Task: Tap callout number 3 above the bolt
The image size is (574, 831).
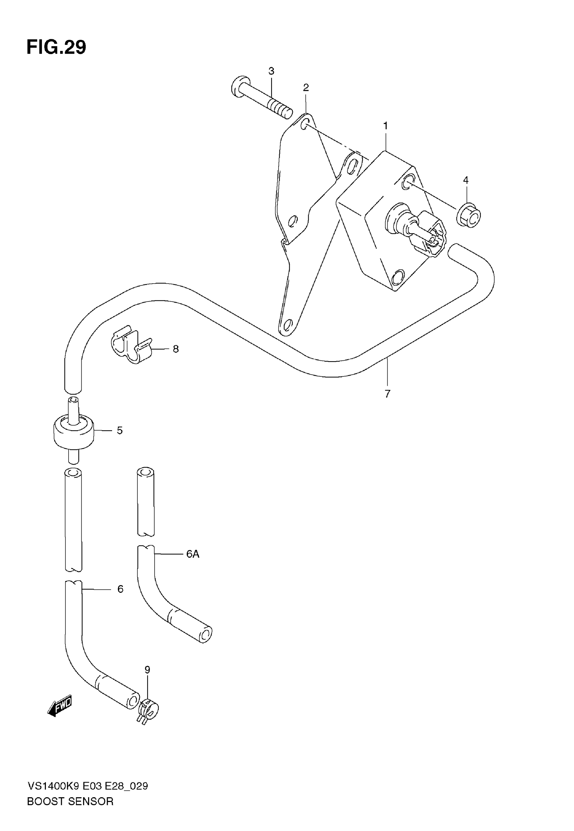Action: pos(271,71)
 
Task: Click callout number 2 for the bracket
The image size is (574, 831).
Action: pos(306,87)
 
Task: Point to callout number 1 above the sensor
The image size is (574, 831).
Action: pos(386,126)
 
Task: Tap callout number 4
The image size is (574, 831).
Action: pos(466,180)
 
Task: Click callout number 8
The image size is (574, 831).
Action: pos(176,349)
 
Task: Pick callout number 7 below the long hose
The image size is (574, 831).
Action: pos(387,394)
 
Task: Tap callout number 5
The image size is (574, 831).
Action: pos(120,430)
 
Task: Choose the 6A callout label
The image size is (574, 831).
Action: pos(192,554)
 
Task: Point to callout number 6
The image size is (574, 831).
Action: pos(120,589)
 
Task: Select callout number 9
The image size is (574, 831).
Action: pos(147,669)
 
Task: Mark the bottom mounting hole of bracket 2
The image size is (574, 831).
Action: pos(287,326)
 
